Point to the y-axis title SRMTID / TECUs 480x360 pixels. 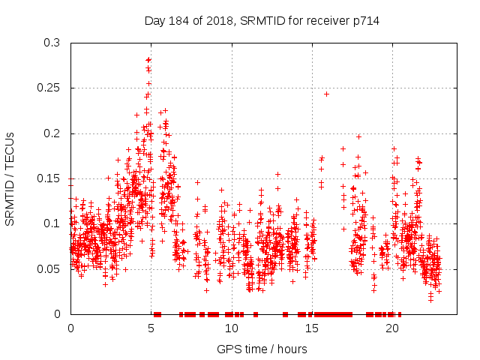[10, 178]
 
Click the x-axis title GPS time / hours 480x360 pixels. [262, 349]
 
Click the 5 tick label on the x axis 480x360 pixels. [151, 328]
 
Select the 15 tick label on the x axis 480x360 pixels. [311, 328]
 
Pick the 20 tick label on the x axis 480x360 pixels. [391, 328]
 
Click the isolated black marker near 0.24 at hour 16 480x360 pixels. [326, 94]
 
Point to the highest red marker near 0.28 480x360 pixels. [148, 59]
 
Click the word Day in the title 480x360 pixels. [154, 20]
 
